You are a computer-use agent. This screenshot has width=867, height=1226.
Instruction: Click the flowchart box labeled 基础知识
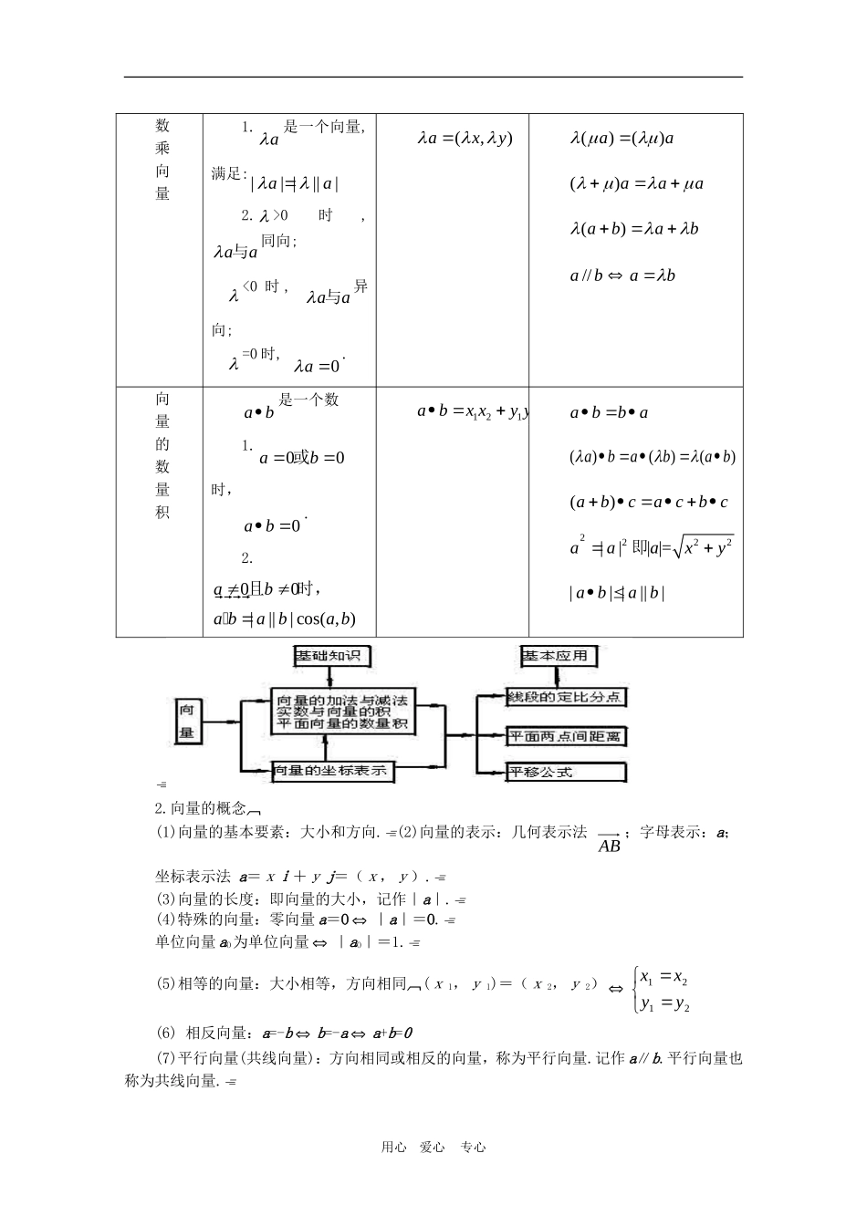tap(332, 656)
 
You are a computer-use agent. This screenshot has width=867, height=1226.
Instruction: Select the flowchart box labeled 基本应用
tap(558, 656)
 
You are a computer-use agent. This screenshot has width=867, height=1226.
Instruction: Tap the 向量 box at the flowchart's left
tap(187, 721)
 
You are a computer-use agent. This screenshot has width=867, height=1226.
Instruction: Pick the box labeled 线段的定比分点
tap(566, 698)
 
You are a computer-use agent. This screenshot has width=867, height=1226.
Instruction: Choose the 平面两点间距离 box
tap(566, 736)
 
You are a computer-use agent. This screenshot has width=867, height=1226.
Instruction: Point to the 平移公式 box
tap(566, 772)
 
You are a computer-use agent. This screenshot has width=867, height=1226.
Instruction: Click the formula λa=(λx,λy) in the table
tap(465, 139)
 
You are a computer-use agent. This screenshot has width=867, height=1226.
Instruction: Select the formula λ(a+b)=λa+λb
tap(634, 230)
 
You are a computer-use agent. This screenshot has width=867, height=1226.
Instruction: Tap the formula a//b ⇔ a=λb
tap(622, 275)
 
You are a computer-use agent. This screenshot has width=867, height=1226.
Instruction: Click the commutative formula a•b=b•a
tap(609, 413)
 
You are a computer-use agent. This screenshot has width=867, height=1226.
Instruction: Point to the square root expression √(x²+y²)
tap(704, 547)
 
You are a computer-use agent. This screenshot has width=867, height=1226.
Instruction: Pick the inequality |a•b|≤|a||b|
tap(617, 593)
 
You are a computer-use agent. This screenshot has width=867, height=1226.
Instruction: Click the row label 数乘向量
tap(162, 160)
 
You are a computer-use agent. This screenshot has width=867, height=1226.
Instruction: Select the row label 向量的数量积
tap(162, 455)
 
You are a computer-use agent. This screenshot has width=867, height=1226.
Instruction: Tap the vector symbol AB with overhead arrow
tap(609, 842)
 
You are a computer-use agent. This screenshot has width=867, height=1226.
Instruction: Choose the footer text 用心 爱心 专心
tap(433, 1148)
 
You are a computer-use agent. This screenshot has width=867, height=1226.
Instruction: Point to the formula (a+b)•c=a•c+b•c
tap(649, 503)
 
